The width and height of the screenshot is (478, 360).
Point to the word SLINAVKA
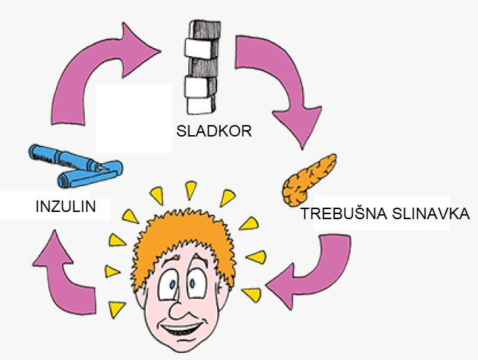click(x=430, y=213)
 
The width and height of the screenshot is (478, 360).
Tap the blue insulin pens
click(x=75, y=165)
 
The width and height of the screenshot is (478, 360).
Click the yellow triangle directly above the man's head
click(x=190, y=189)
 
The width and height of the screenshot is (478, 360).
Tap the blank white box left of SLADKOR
click(x=134, y=117)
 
